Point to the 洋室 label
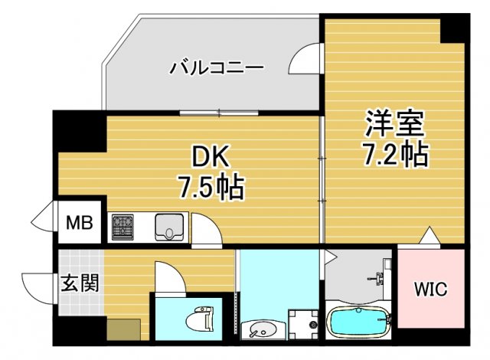(394, 122)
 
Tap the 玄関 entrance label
(80, 283)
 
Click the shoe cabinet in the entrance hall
(122, 329)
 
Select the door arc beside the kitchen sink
(203, 230)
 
